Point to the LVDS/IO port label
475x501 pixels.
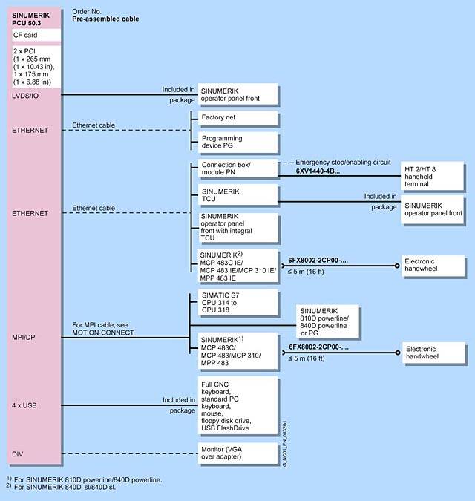(26, 95)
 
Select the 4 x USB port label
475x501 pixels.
(25, 405)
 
